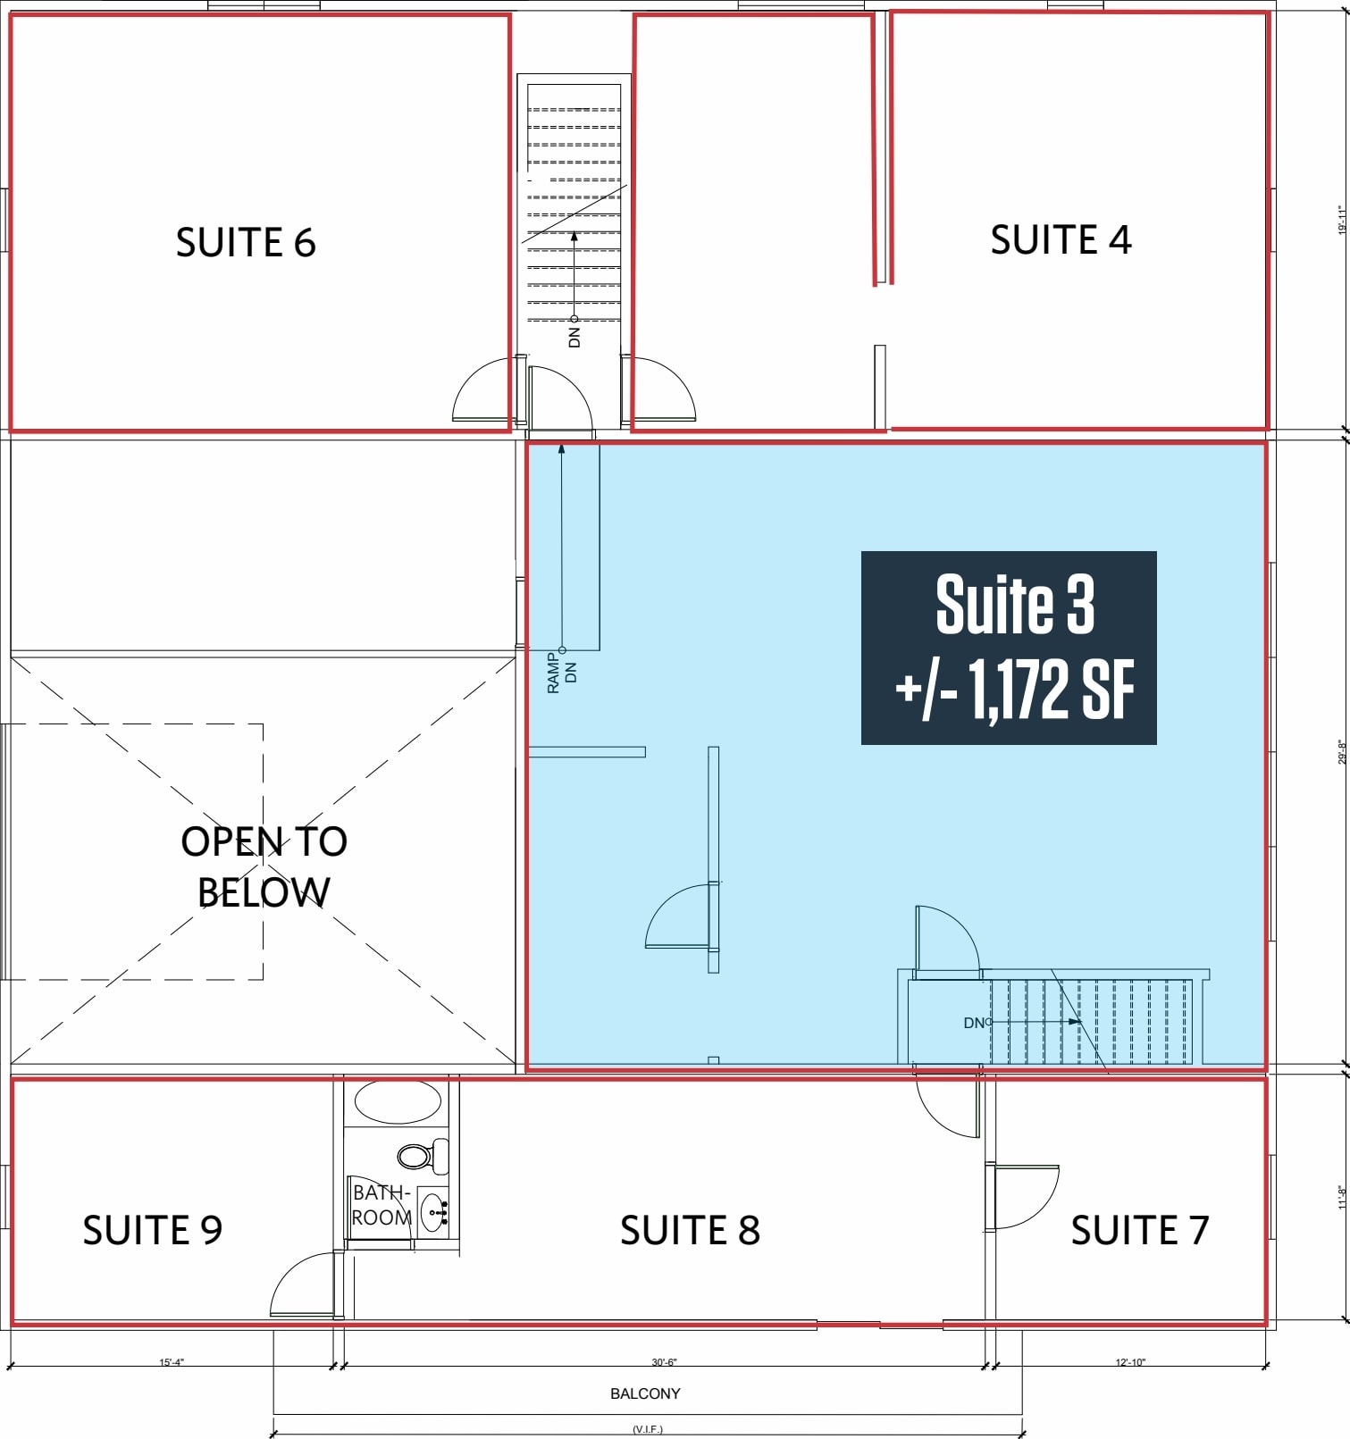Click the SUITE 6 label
coord(246,243)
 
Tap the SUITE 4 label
coord(1061,239)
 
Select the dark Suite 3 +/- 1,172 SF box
coord(1009,648)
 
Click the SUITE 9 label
coord(152,1230)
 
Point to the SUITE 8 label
coord(690,1230)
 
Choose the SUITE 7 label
coord(1140,1230)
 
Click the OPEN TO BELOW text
coord(264,866)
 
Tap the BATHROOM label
coord(382,1205)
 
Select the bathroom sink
coord(435,1212)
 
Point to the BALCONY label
coord(645,1393)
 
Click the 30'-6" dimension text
coord(664,1362)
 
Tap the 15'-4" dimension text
coord(172,1362)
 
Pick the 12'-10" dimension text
coord(1130,1362)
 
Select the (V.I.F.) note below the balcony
coord(648,1429)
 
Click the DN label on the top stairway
coord(574,336)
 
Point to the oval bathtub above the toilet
coord(398,1101)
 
